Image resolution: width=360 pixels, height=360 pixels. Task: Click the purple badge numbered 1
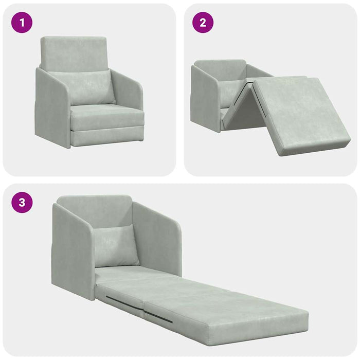point(22,23)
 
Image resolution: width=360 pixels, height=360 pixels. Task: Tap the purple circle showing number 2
point(203,23)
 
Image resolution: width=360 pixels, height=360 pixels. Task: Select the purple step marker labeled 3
point(22,202)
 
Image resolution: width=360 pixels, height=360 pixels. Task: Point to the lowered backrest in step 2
point(219,69)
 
